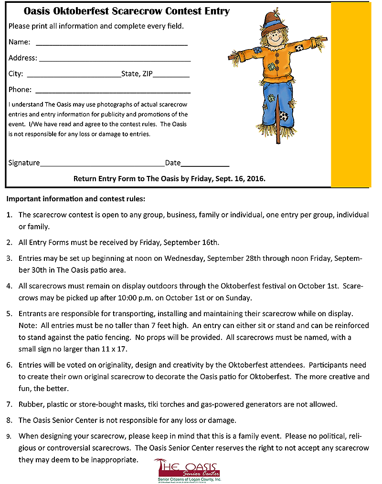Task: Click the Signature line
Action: [102, 165]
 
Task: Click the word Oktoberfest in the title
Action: [82, 11]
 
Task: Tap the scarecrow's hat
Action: [272, 20]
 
